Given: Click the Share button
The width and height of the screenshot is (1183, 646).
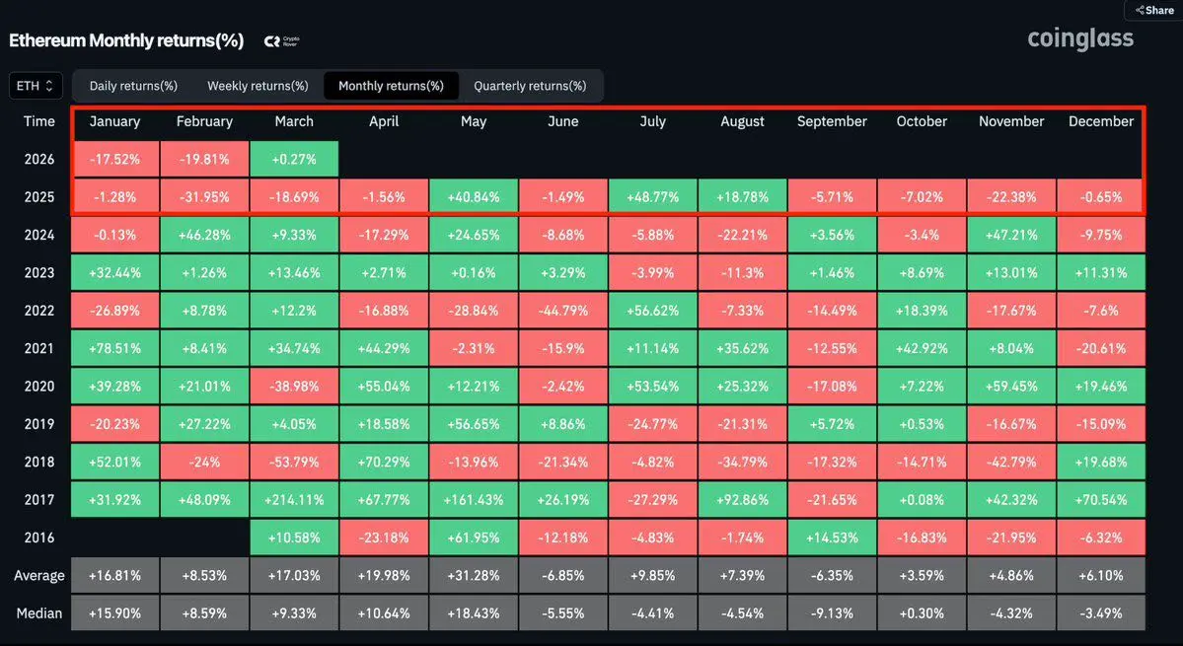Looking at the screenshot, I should tap(1154, 10).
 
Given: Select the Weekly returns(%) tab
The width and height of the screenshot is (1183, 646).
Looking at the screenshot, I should tap(258, 86).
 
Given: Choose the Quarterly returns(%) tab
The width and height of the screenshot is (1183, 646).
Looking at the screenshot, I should tap(530, 86).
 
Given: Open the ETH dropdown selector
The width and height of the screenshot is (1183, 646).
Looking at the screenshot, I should tap(37, 86).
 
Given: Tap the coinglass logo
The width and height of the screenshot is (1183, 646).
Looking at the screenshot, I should tap(1080, 38).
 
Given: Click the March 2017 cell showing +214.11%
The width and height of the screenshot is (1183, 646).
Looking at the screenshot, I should tap(294, 500).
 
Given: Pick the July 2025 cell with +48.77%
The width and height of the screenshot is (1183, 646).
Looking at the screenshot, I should tap(653, 197).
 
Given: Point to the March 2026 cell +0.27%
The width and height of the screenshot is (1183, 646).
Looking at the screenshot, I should tap(294, 159).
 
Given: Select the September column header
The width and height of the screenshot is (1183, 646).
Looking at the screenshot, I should tap(832, 121).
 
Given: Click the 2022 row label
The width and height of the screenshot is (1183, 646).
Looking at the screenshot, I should tap(39, 311).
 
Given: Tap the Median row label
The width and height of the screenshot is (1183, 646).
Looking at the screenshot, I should tap(39, 613).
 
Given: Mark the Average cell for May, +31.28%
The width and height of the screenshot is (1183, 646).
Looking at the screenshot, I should tap(474, 576).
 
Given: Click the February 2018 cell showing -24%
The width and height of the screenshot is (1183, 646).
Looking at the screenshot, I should tap(204, 463).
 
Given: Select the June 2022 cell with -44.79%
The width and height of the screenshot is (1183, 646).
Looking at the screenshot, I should tap(563, 311).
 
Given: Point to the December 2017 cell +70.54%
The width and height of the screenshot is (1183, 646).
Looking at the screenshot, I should tap(1101, 500).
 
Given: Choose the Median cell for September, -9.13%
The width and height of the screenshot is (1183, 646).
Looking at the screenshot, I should tap(832, 613).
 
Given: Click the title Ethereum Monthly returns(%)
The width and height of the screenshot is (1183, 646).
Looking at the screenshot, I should tap(126, 40).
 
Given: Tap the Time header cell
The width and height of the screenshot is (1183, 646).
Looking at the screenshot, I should tap(39, 121).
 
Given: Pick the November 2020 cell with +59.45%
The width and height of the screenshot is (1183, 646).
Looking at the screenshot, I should tap(1011, 387).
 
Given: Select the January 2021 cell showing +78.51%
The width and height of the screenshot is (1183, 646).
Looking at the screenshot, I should tap(114, 349).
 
